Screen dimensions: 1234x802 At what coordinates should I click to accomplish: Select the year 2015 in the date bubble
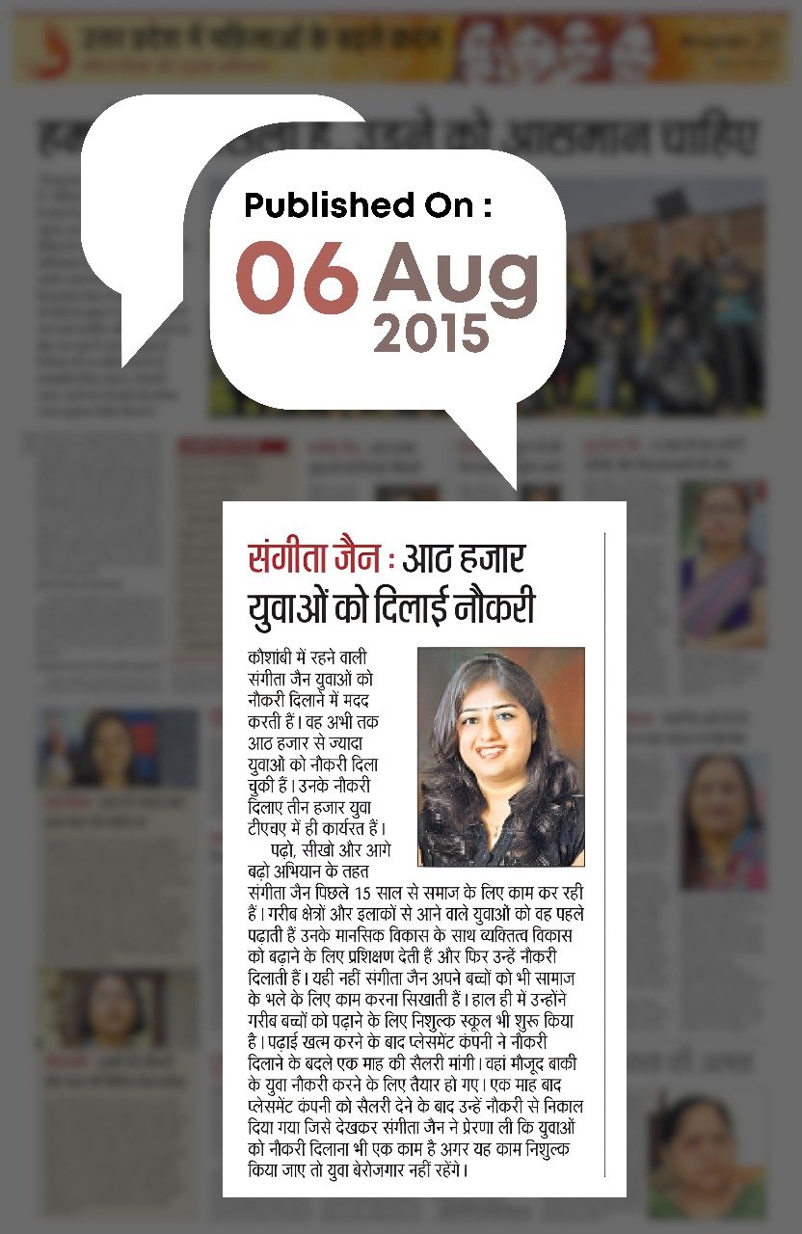(x=431, y=333)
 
